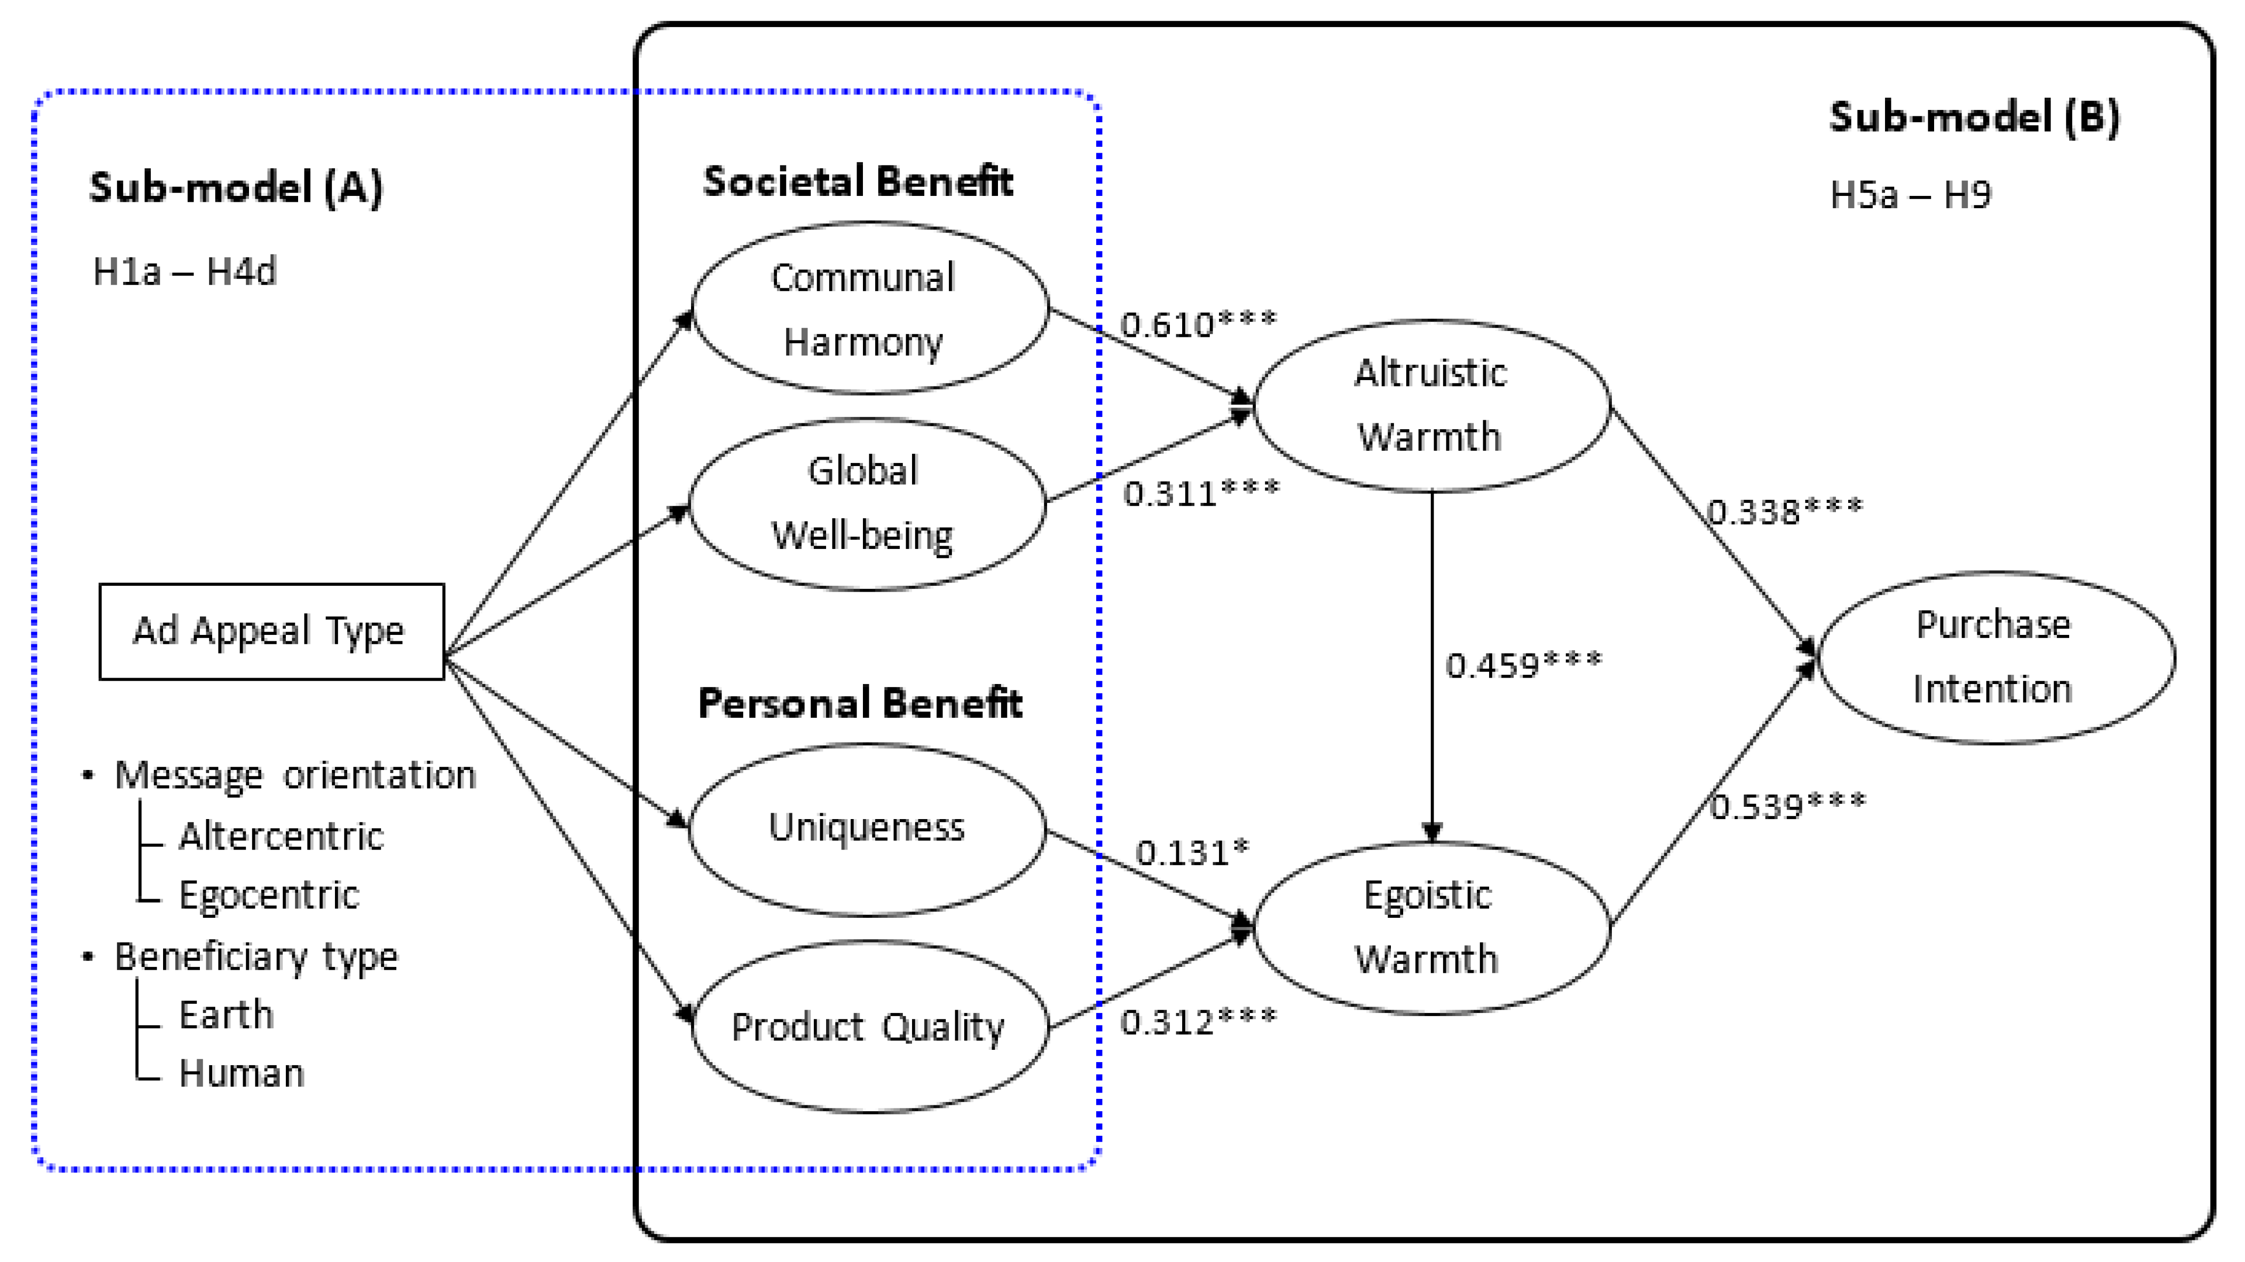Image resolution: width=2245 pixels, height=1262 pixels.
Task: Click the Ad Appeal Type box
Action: (271, 631)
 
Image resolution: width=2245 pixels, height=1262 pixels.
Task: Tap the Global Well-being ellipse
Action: (866, 504)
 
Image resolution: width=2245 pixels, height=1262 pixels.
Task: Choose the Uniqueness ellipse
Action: (866, 828)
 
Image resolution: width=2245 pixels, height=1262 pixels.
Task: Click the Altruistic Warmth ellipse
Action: (1430, 405)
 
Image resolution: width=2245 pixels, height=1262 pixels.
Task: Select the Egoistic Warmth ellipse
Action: (1430, 927)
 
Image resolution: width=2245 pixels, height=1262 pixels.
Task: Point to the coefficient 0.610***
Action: (1197, 324)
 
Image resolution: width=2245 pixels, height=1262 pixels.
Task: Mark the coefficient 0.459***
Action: (1523, 665)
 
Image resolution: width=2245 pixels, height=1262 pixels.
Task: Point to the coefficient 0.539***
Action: (1787, 805)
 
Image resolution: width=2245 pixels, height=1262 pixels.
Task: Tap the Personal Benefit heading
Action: (859, 703)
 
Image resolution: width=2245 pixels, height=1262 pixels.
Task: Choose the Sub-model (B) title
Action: (1974, 117)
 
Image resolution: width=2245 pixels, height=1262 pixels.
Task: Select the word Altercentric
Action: (280, 836)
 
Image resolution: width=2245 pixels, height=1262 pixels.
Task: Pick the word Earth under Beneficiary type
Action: (226, 1015)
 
